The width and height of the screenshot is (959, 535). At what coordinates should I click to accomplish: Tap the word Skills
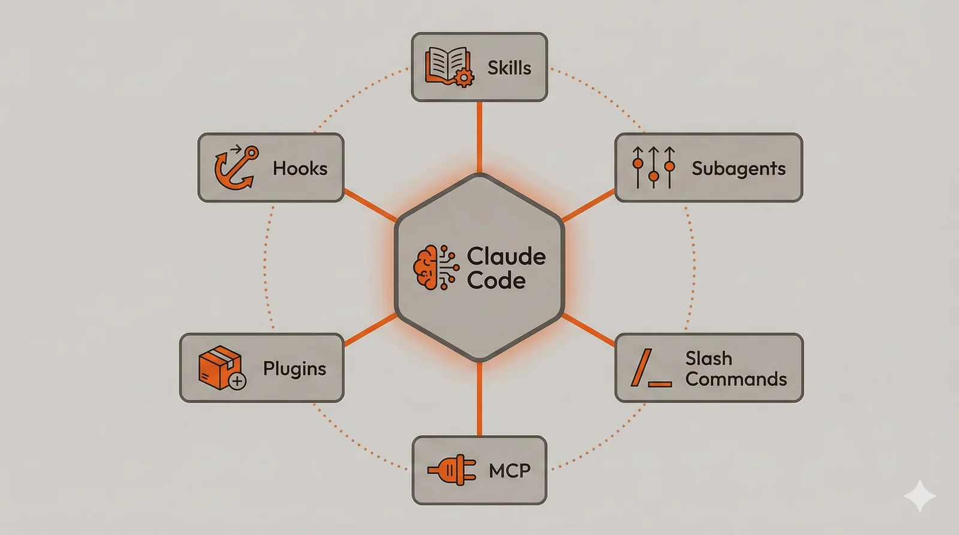[509, 68]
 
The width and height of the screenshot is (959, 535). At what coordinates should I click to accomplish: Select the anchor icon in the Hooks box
[236, 168]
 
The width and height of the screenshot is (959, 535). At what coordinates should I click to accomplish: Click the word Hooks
[300, 168]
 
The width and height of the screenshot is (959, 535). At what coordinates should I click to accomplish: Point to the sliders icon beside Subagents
[653, 167]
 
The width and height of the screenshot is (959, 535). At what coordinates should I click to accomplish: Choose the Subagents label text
[738, 169]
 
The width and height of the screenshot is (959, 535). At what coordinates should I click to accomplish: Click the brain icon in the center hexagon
[429, 268]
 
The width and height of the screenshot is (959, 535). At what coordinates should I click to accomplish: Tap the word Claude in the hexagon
[506, 256]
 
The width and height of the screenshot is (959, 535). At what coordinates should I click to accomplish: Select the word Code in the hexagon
[496, 280]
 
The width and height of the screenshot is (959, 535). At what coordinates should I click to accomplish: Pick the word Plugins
[294, 368]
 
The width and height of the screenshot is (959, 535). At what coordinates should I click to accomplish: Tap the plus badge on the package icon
[237, 381]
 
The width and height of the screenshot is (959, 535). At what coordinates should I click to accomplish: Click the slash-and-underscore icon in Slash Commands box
[650, 368]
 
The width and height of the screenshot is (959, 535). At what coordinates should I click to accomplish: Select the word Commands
[735, 379]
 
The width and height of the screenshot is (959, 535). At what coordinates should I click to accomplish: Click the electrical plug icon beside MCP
[452, 470]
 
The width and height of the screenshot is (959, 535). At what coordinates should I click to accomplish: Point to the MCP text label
[509, 471]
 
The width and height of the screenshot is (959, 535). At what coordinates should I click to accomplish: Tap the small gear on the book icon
[463, 78]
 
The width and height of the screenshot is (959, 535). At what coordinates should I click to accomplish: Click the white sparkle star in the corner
[920, 496]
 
